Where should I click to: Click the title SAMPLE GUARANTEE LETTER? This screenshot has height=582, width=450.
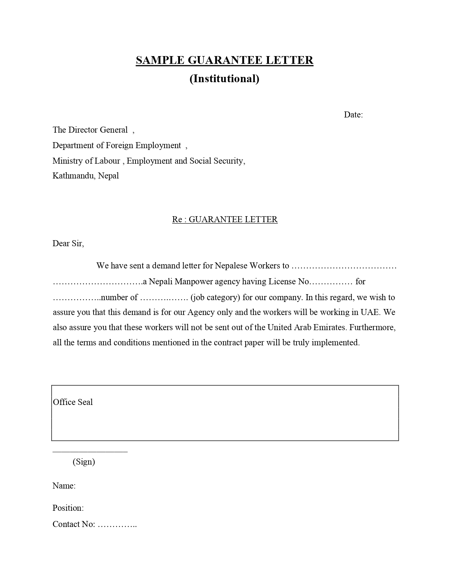224,60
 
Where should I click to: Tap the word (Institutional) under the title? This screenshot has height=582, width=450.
224,78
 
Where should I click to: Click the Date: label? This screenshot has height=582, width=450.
353,115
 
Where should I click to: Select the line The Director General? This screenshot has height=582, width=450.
90,130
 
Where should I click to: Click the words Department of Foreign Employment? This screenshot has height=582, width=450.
117,145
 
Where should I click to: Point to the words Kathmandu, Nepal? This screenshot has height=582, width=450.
86,176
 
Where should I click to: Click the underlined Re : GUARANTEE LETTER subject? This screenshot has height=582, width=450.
225,219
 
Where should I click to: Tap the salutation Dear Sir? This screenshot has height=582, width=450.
68,243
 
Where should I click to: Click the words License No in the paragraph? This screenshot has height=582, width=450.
289,281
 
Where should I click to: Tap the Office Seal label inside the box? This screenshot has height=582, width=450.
73,402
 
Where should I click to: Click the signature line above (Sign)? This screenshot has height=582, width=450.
90,451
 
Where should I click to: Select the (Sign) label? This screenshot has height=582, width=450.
84,462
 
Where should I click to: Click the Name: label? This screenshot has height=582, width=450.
64,486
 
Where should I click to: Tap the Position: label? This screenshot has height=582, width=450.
68,508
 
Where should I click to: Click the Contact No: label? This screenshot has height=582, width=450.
74,524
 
